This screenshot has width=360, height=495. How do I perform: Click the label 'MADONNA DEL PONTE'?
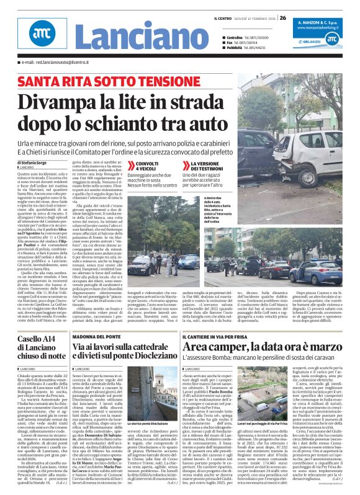click(94, 336)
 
